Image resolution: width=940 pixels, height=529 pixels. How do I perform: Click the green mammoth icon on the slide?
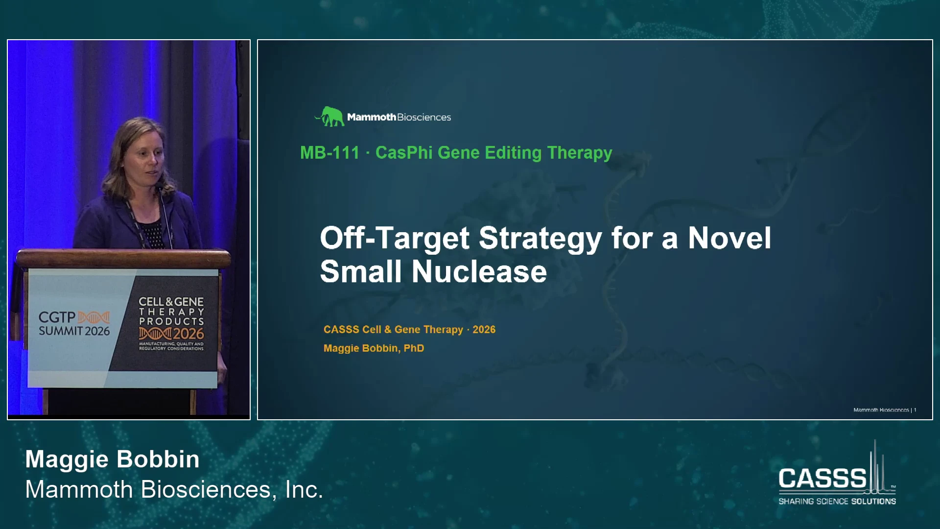click(329, 117)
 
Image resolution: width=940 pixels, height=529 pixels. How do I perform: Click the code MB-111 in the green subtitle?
click(330, 153)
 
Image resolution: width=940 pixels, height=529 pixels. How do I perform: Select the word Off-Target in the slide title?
click(395, 239)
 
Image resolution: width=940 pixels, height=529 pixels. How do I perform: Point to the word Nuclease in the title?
click(479, 272)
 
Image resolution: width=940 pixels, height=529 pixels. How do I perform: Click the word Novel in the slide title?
click(729, 239)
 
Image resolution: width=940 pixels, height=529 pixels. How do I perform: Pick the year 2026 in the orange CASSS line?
click(484, 330)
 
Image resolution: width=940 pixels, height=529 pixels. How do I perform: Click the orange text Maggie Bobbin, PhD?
click(374, 348)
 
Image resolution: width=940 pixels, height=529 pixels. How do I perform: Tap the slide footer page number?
click(915, 410)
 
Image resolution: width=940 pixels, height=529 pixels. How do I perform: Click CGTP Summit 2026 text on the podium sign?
click(74, 324)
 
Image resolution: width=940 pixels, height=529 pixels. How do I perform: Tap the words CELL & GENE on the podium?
click(171, 302)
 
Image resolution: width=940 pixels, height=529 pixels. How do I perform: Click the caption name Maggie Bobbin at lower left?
click(113, 459)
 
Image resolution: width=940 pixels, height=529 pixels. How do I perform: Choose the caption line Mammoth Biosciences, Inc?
click(174, 489)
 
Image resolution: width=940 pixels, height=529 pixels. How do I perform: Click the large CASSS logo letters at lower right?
click(822, 479)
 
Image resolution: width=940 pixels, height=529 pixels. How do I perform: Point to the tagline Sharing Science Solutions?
click(837, 501)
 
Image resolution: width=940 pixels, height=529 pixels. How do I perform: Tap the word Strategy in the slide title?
click(540, 239)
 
